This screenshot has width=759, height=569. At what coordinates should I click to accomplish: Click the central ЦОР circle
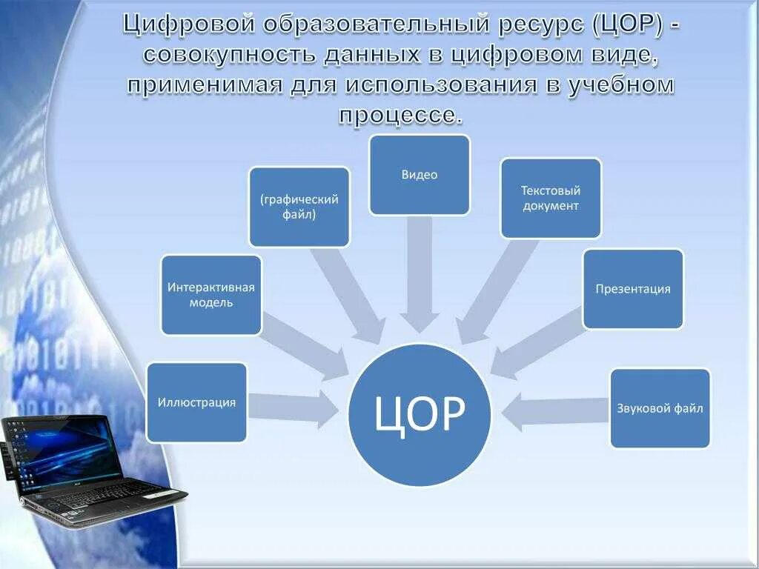coord(420,415)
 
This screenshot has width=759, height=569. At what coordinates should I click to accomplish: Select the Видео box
coord(420,175)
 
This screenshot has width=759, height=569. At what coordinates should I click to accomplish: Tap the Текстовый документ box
coord(550,198)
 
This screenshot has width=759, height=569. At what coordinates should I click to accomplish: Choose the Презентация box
coord(632,289)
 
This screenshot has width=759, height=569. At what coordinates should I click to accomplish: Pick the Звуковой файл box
coord(660,408)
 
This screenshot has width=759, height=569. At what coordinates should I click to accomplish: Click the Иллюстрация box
coord(196,402)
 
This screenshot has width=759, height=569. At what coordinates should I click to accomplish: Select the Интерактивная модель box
coord(211,295)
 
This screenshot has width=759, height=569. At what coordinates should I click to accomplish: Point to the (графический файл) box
coord(299,207)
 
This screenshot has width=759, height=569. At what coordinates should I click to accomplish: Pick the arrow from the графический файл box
coord(348,293)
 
